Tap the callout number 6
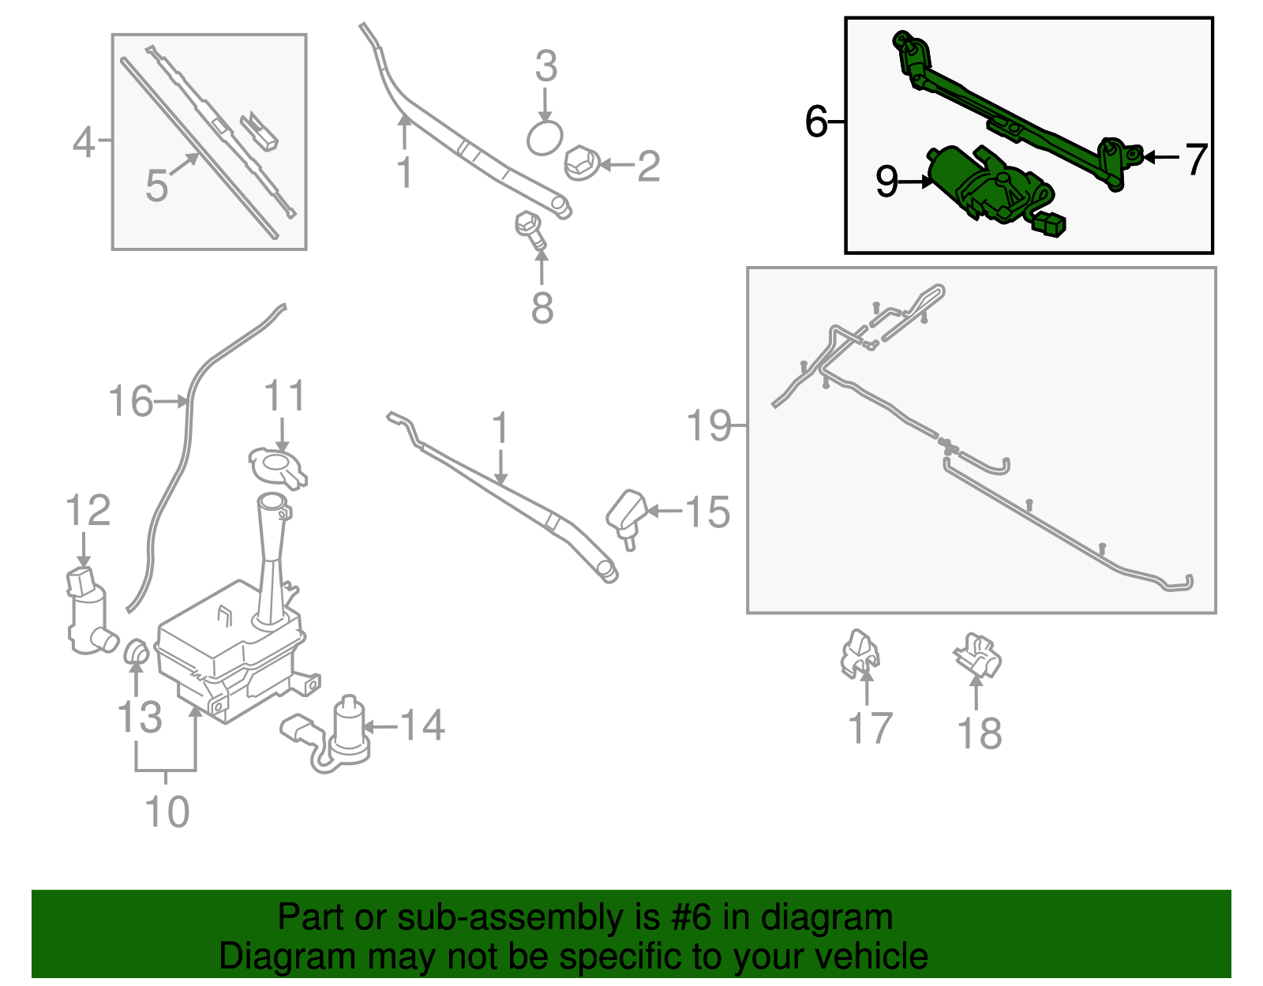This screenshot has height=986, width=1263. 816,122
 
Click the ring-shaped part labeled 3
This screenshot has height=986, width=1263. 545,139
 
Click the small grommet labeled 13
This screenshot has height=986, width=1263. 137,652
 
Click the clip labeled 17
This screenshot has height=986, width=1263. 859,654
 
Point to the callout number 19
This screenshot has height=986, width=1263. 709,426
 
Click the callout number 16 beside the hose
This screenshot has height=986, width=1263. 130,401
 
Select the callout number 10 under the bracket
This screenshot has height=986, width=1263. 167,812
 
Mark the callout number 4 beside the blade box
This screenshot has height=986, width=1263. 84,143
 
